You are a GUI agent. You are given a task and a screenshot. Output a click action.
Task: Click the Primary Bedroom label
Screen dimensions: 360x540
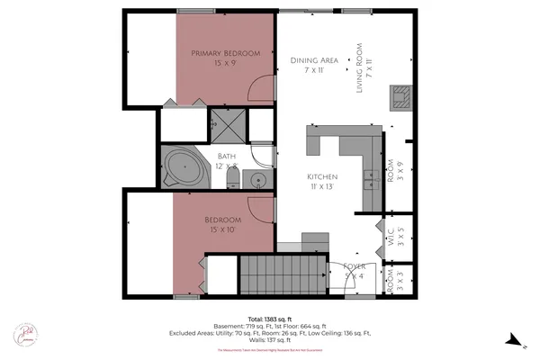225,53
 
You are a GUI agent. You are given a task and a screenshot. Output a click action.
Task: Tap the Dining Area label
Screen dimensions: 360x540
314,60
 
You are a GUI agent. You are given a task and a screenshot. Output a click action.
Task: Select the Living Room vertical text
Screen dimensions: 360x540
359,67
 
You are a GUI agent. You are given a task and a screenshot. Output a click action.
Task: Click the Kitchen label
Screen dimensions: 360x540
321,176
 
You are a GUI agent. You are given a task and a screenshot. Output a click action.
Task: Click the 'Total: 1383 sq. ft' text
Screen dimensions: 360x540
269,317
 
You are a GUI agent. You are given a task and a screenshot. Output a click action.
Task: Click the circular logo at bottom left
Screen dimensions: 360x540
26,334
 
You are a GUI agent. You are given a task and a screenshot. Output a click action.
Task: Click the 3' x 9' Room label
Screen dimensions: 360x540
391,171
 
